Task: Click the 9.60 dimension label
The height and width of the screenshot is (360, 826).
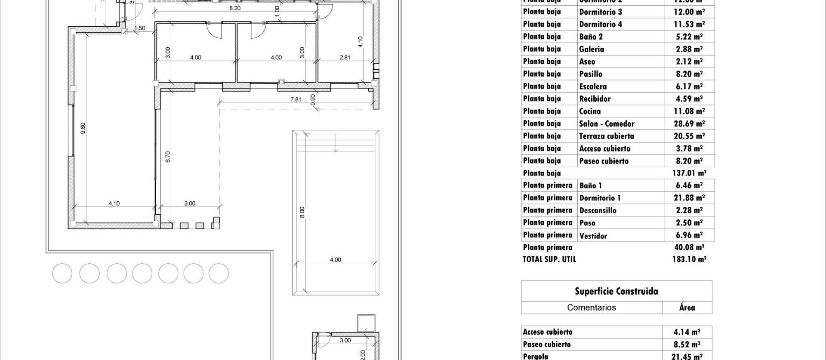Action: pos(83,128)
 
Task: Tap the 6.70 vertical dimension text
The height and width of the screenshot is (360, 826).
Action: pos(168,157)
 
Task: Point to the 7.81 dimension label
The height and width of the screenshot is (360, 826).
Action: pos(296,99)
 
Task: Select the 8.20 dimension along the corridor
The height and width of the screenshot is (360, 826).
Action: pos(235,8)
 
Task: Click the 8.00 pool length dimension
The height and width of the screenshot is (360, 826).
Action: pos(302,212)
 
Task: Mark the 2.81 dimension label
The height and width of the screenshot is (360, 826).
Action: pos(345,57)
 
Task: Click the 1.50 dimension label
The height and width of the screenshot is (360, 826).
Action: pos(140,28)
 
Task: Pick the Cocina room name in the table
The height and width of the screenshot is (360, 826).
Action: pos(590,111)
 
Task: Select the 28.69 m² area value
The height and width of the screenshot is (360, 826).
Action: pos(689,124)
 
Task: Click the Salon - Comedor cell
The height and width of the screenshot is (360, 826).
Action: pos(607,124)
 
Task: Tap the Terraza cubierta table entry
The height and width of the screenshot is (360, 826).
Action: pos(606,136)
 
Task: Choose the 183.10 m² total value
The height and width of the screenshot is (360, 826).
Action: pos(689,259)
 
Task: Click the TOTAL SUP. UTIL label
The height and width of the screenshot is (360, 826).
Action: pos(549,259)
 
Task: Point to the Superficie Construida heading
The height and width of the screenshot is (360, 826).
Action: pos(616,291)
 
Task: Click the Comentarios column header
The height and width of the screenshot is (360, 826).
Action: pos(592,308)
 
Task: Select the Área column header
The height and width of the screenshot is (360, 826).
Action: pos(687,308)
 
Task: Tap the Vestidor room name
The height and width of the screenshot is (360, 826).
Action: pos(593,236)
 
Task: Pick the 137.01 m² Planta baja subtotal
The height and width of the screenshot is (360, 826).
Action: pos(689,173)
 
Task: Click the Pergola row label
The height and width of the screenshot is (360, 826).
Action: pos(535,356)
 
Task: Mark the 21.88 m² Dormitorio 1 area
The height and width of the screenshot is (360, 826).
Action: pos(689,198)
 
